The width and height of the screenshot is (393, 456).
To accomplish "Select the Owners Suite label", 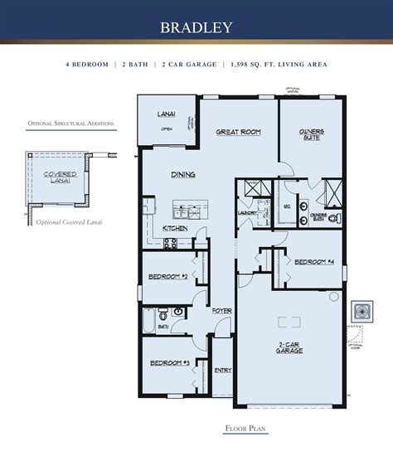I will (311, 134).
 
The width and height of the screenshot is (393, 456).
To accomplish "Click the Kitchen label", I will (174, 228).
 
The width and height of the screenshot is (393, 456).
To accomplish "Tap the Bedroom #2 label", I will (167, 276).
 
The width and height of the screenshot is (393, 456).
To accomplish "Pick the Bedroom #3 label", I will (168, 363).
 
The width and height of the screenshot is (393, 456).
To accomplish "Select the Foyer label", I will (221, 310).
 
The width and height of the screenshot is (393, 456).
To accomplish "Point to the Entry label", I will (222, 371).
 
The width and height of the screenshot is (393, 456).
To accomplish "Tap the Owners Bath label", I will (318, 218).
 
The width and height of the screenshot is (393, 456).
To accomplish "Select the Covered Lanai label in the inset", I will (54, 177).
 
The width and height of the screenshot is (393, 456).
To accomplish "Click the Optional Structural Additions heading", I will (70, 124).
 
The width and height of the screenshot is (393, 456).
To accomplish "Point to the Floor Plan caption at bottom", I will (245, 429).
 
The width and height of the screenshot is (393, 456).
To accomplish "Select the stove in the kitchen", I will (169, 244).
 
